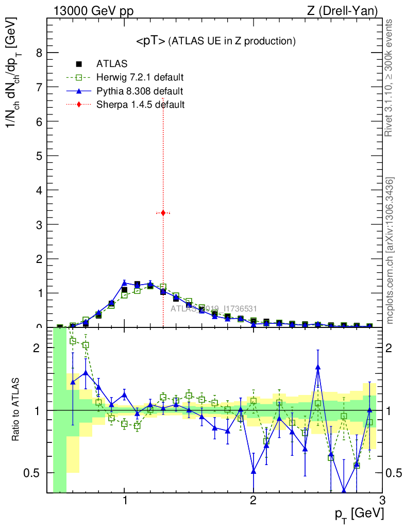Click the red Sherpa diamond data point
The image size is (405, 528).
tap(163, 212)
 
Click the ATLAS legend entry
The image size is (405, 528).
tap(112, 64)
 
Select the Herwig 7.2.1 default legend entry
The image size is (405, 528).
tap(140, 78)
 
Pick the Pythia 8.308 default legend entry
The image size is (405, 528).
tap(140, 91)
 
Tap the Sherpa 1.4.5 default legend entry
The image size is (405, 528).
tap(140, 105)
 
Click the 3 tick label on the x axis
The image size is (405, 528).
tap(382, 501)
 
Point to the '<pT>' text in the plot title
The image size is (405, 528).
tap(150, 41)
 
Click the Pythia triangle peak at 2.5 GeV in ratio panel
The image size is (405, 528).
tap(318, 367)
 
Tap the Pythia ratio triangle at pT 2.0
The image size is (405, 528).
tap(254, 471)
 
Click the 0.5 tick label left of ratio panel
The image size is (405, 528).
tap(32, 473)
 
